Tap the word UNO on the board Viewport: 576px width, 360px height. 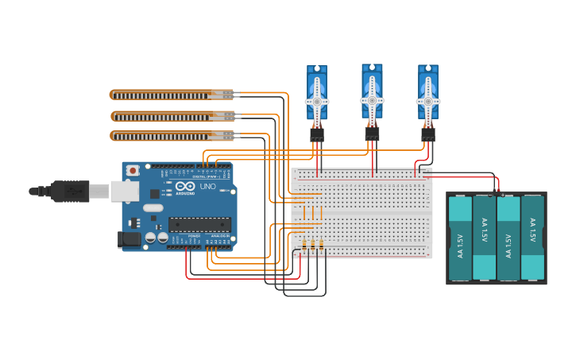[207, 187]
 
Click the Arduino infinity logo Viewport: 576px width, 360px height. [184, 186]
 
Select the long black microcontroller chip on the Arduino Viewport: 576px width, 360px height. [199, 224]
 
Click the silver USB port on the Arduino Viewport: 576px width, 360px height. [124, 191]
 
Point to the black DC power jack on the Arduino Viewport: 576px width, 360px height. [129, 238]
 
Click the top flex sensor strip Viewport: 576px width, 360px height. [171, 95]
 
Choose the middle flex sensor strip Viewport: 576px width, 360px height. [171, 116]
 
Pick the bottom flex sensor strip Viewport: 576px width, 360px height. [171, 136]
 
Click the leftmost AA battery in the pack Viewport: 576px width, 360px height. [460, 238]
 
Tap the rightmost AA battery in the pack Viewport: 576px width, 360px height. [532, 238]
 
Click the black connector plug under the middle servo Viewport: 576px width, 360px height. [372, 134]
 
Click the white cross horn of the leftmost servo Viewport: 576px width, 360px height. [317, 102]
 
